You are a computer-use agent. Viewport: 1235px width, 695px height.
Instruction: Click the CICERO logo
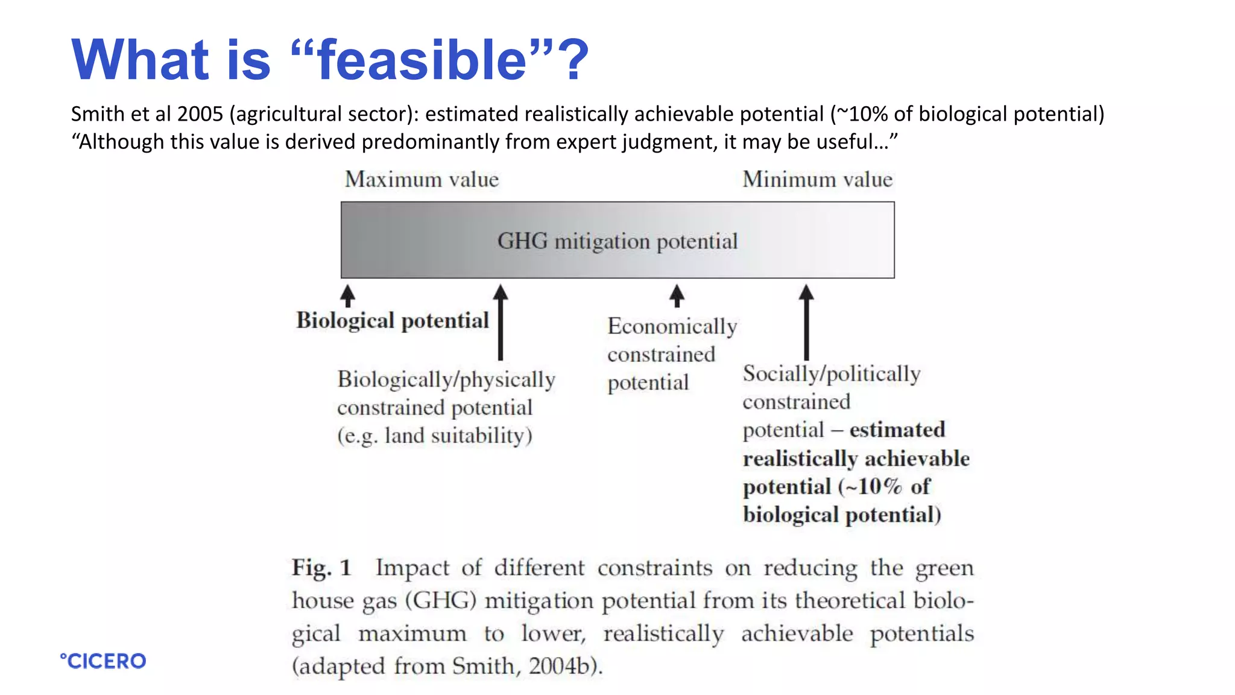tap(103, 661)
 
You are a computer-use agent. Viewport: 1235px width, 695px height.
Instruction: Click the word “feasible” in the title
tap(422, 60)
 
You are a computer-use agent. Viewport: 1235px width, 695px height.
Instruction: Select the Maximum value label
tap(422, 180)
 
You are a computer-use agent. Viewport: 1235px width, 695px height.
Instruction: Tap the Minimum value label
tap(817, 180)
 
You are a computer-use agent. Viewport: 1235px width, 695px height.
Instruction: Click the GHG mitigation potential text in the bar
tap(617, 241)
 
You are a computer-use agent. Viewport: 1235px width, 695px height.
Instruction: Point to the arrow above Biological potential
tap(347, 296)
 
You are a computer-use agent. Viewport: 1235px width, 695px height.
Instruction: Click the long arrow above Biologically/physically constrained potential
tap(501, 323)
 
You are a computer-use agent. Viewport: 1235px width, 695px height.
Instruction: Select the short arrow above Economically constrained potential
tap(677, 296)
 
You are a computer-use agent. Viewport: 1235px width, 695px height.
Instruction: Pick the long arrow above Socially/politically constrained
tap(806, 323)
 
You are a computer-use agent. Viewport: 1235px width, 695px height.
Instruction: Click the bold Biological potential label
tap(393, 320)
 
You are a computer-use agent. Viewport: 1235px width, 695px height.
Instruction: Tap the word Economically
tap(672, 326)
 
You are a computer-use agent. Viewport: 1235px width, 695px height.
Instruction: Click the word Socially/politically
tap(831, 374)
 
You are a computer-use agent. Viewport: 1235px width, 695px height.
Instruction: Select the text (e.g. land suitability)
tap(434, 436)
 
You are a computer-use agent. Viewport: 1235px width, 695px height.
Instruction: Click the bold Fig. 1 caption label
tap(321, 568)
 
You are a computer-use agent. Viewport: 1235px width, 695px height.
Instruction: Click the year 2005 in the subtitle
tap(200, 114)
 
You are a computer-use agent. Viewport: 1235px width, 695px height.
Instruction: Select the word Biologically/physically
tap(446, 379)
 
